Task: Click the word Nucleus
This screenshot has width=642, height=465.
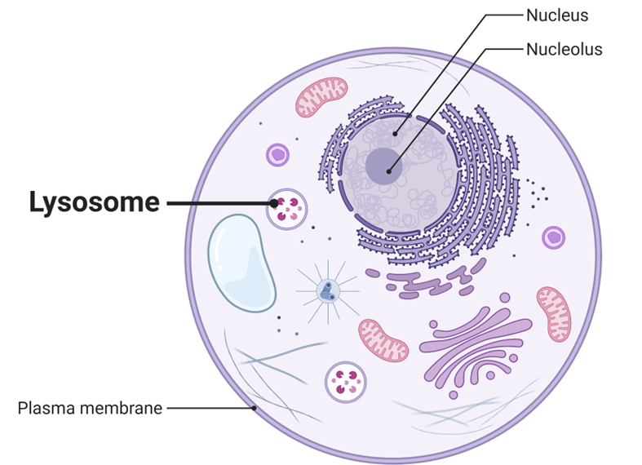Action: [557, 15]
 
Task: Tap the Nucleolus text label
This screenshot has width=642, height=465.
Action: [564, 49]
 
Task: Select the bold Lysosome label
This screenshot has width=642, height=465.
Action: [94, 202]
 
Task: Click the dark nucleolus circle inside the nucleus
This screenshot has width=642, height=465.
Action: [382, 166]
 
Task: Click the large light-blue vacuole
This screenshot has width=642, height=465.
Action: [241, 262]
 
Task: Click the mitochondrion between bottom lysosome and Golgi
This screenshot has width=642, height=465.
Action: [383, 339]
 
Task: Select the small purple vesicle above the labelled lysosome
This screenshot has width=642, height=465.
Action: [278, 154]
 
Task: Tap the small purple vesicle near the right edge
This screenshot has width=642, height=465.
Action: [554, 237]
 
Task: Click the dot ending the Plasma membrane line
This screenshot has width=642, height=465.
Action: [255, 407]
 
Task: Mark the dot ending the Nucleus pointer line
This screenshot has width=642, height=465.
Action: [395, 135]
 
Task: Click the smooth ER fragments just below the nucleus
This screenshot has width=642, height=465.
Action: [428, 281]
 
